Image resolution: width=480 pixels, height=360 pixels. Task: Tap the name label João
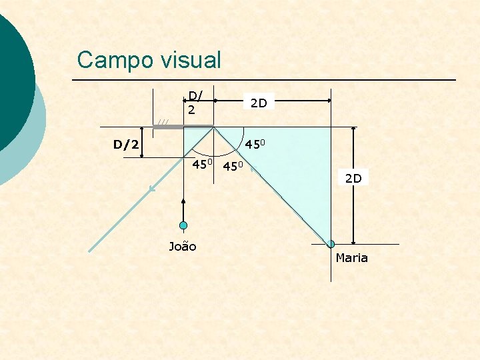[x=183, y=247]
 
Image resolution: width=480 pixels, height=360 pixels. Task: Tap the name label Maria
[x=351, y=258]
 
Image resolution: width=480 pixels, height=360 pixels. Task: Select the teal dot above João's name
[x=183, y=226]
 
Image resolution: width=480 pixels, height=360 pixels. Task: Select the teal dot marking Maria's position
[x=331, y=245]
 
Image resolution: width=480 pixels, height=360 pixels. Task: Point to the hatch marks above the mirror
[x=163, y=121]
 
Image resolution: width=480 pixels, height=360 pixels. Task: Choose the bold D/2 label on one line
[x=126, y=144]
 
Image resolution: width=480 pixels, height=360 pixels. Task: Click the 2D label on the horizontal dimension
[x=258, y=103]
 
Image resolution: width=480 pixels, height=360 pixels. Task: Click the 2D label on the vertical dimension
[x=353, y=179]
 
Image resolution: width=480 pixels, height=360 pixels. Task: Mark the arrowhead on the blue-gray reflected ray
[x=153, y=189]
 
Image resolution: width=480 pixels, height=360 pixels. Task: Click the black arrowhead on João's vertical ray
[x=183, y=200]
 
